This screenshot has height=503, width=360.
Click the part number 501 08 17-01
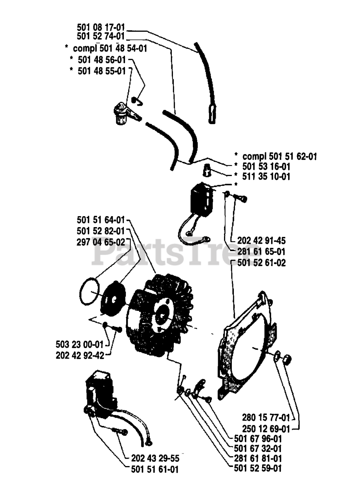101,28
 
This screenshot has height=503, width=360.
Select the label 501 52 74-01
101,37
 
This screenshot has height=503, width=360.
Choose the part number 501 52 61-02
261,263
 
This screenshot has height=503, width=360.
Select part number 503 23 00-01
79,345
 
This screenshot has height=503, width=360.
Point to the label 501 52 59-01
257,468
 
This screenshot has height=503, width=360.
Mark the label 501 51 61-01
154,469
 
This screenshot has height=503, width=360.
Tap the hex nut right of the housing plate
288,358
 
